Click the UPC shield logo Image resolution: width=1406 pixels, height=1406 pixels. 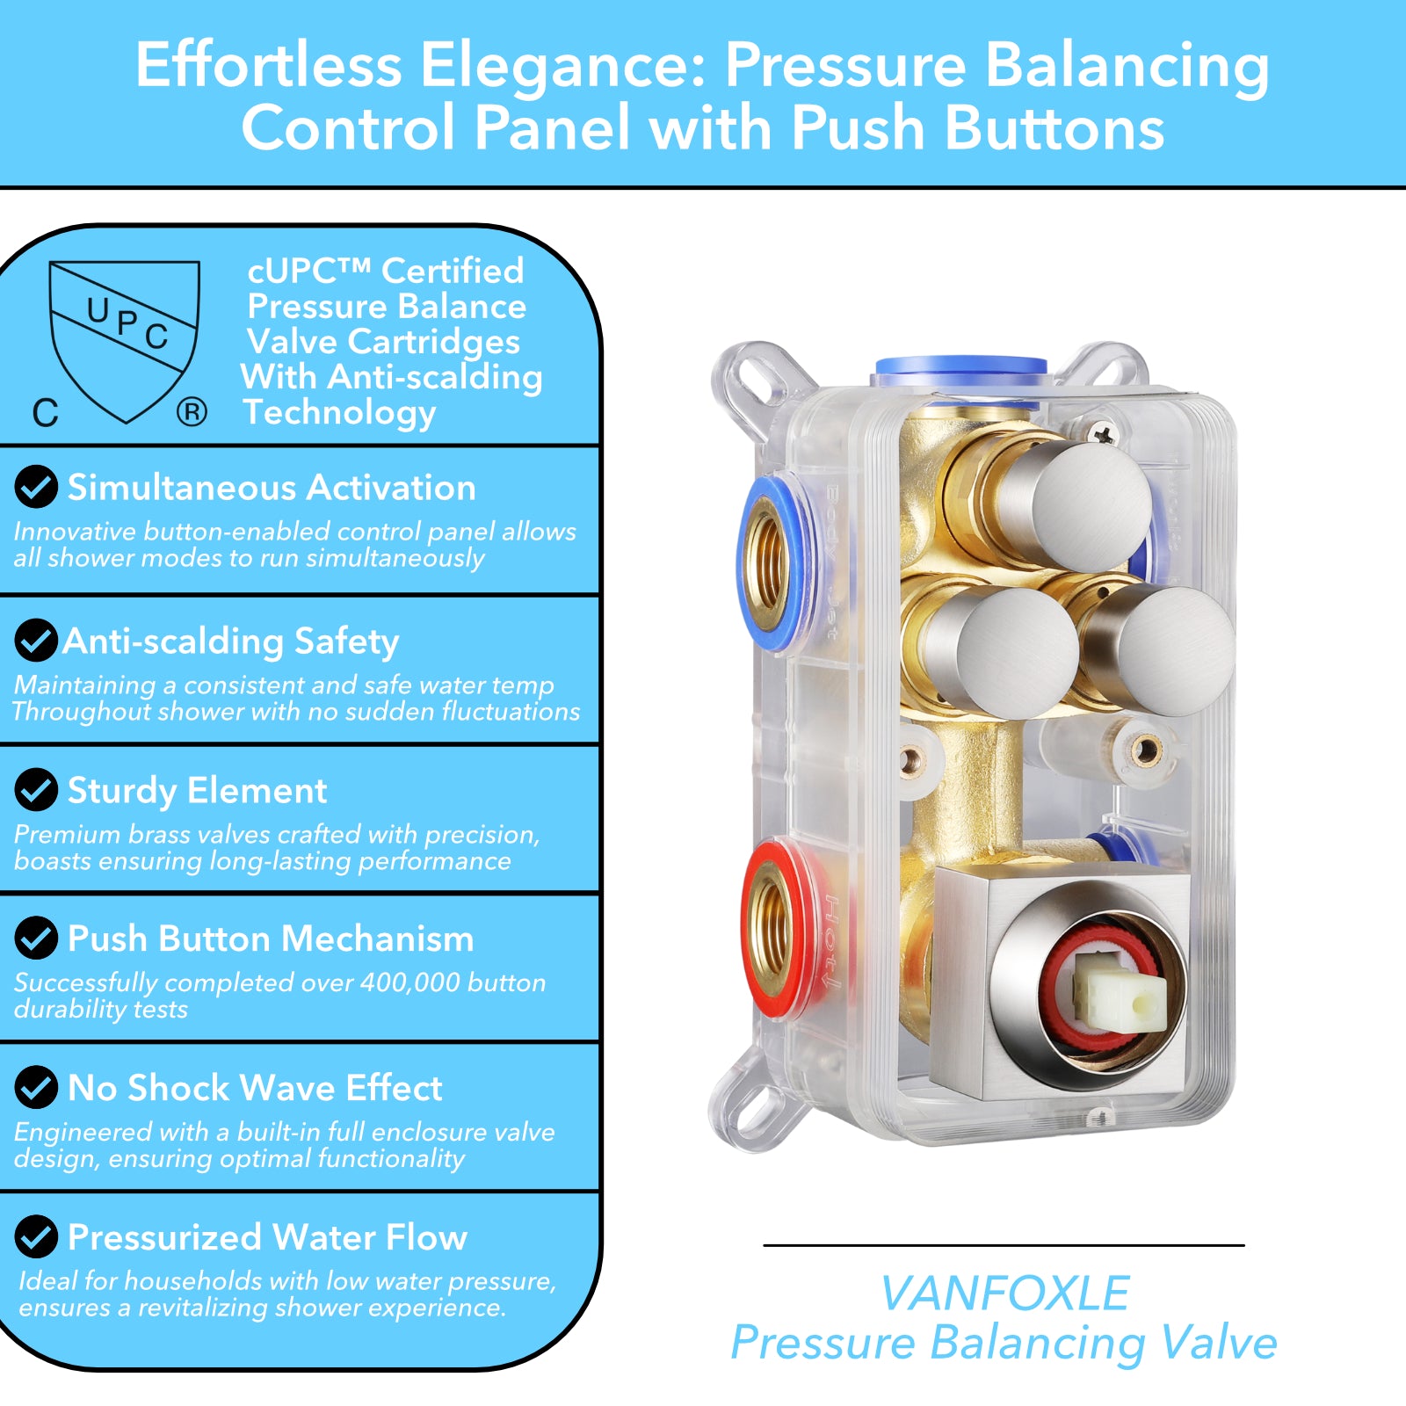125,341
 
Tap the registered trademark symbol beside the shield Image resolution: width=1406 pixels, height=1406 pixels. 192,411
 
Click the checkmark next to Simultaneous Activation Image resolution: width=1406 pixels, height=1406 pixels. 36,487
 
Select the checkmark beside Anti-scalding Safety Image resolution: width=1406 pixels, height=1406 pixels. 36,640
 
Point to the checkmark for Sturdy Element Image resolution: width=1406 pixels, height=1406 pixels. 36,789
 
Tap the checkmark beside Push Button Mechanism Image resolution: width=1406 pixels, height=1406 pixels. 36,938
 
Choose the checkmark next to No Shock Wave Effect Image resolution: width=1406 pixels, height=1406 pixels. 36,1087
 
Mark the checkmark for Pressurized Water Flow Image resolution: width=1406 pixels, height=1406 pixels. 36,1236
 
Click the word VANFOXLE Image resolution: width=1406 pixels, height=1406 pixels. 1004,1294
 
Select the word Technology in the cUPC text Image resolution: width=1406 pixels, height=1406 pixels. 339,412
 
